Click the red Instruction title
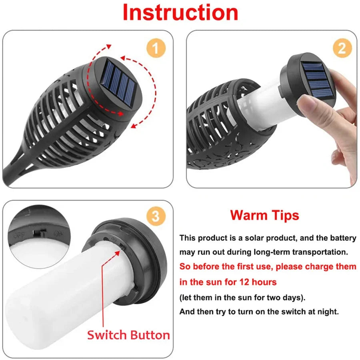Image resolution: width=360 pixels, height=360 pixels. tap(180, 13)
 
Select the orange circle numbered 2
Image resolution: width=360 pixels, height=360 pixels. tap(342, 48)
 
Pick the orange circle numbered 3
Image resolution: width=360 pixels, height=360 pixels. tap(155, 216)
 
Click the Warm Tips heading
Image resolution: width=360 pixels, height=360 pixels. tap(264, 215)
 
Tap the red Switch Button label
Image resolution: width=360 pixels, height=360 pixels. tap(128, 335)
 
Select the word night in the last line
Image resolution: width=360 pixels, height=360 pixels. tap(328, 312)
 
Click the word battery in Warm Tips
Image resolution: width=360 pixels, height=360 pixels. tap(343, 238)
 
